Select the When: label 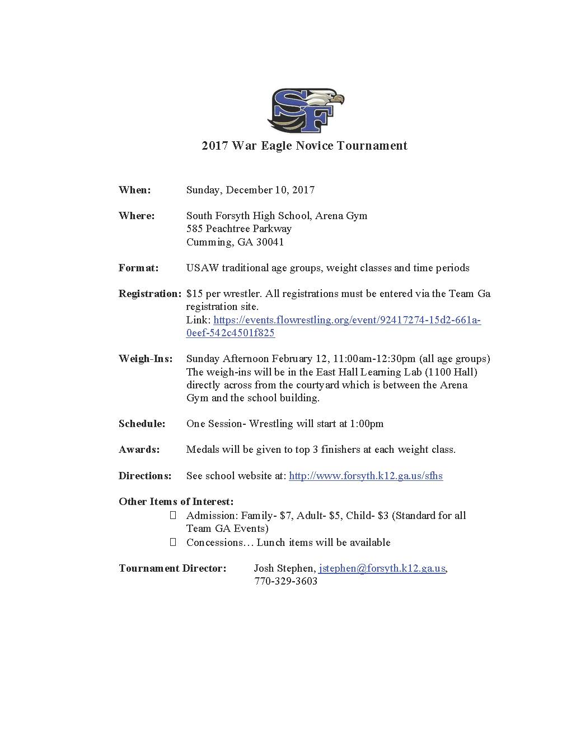pos(134,190)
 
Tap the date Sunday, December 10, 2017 pos(250,190)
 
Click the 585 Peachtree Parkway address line pos(238,229)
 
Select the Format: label pos(138,268)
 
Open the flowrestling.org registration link pos(346,320)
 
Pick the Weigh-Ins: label pos(146,359)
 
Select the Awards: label pos(139,450)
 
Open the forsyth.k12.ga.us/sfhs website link pos(366,476)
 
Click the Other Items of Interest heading pos(176,502)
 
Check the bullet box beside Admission pos(173,515)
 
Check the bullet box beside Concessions pos(173,542)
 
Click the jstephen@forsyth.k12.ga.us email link pos(382,568)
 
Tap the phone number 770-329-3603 pos(285,581)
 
